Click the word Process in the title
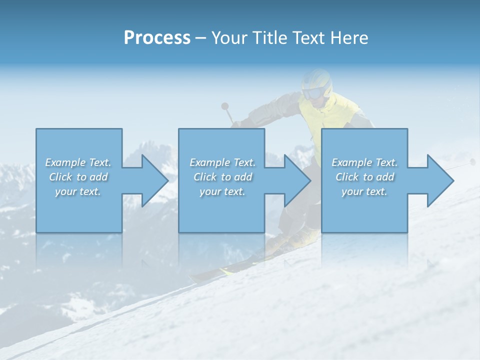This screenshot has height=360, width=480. click(x=157, y=38)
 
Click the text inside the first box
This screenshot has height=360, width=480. click(x=78, y=177)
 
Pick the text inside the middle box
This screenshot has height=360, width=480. click(x=222, y=177)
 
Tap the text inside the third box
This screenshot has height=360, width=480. click(x=364, y=177)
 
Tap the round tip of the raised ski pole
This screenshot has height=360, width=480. click(x=225, y=106)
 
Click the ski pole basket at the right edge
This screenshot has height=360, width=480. click(x=472, y=162)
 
